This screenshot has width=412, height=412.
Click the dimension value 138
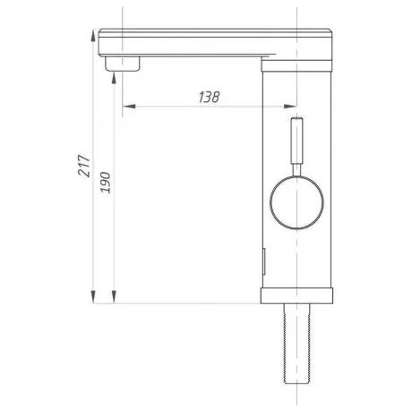[209, 97]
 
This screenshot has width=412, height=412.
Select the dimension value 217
[84, 166]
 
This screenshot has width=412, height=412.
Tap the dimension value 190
[105, 183]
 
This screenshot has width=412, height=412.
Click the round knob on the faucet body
[296, 202]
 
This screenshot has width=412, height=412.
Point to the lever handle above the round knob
[296, 141]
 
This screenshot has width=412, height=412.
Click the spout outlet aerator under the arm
[122, 64]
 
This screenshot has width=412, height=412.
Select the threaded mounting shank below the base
[296, 343]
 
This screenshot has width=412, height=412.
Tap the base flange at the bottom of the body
[296, 296]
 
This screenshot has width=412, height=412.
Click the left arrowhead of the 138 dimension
[129, 106]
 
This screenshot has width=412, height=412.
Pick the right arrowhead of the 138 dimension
[290, 106]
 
